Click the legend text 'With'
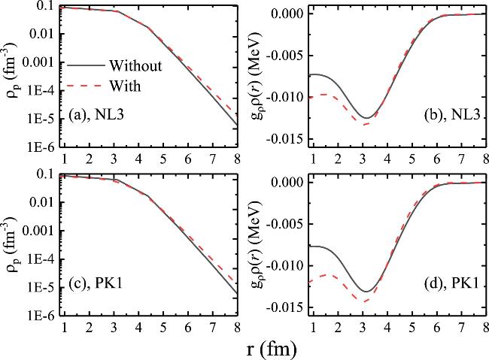pyautogui.click(x=124, y=86)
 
